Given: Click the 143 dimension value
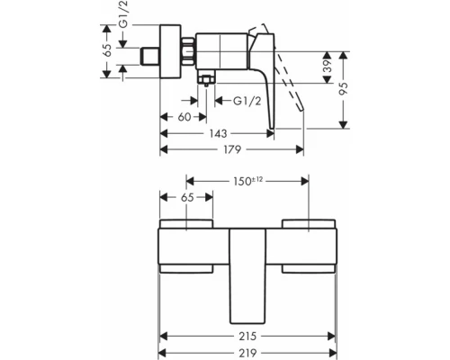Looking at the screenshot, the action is tap(218, 133).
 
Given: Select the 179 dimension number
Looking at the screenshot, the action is tap(232, 149).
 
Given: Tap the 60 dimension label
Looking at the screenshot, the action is tap(184, 117).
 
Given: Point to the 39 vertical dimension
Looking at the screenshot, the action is tap(329, 67).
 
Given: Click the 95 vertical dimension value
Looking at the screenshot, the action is tap(343, 88).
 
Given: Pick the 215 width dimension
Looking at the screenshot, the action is tap(247, 337).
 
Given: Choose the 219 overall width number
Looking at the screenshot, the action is tap(247, 353).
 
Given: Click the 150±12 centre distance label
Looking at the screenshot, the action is tap(247, 181).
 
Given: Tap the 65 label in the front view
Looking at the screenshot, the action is tap(187, 198).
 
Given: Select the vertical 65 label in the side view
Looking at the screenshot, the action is tap(107, 50).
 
